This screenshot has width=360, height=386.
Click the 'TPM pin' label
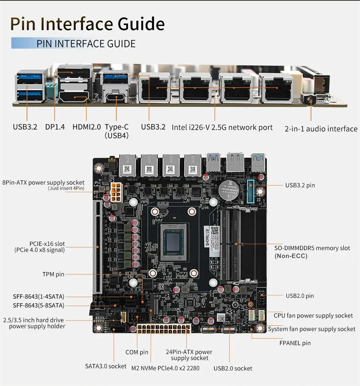pos(53,274)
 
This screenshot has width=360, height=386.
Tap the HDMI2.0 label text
pos(86,127)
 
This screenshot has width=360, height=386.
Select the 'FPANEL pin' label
pos(295,343)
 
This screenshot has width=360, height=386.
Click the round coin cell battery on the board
pos(229,191)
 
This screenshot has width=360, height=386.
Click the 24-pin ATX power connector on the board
pos(164,329)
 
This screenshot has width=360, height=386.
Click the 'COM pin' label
pos(137,352)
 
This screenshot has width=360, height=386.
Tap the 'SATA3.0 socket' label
pos(106,366)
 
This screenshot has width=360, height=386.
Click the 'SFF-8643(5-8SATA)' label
pos(38,305)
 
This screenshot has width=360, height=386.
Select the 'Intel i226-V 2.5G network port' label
pos(222,127)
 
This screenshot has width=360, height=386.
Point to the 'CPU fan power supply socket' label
pos(313,315)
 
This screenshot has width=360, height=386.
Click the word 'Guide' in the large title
pos(141,24)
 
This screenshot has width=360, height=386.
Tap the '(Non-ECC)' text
pos(291,256)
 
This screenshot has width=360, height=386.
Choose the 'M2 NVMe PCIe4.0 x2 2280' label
pos(165,368)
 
